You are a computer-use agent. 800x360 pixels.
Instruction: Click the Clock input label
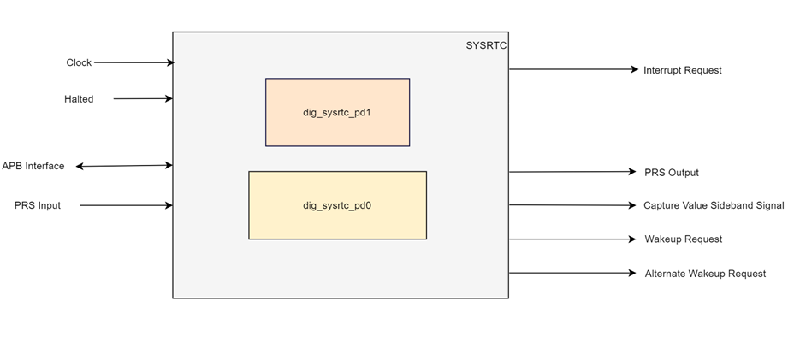tap(79, 62)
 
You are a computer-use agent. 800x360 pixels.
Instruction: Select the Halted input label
tap(79, 99)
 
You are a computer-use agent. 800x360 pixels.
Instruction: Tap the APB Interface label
tap(33, 166)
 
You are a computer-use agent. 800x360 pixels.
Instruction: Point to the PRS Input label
tap(38, 205)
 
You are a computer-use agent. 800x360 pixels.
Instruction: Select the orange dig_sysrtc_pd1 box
tap(337, 112)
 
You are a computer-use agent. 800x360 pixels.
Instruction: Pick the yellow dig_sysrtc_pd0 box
tap(337, 205)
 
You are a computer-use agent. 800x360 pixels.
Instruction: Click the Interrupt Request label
tap(682, 70)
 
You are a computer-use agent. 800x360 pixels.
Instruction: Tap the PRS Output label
tap(671, 173)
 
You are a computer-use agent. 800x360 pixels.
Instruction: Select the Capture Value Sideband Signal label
tap(713, 205)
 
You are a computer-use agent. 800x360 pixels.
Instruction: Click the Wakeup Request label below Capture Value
tap(683, 239)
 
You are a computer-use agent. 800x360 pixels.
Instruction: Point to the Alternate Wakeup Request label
tap(705, 274)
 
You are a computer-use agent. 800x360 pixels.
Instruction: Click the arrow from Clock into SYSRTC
tap(133, 62)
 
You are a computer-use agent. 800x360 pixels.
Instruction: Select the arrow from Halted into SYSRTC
tap(143, 99)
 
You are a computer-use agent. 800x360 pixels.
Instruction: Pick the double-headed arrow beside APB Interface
tap(124, 166)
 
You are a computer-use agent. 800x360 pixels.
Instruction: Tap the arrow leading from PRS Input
tap(126, 205)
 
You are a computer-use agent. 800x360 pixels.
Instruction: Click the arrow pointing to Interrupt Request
tap(573, 69)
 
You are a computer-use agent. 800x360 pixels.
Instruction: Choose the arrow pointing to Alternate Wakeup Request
tap(573, 274)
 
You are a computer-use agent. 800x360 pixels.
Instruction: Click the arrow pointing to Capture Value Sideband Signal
tap(573, 205)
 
